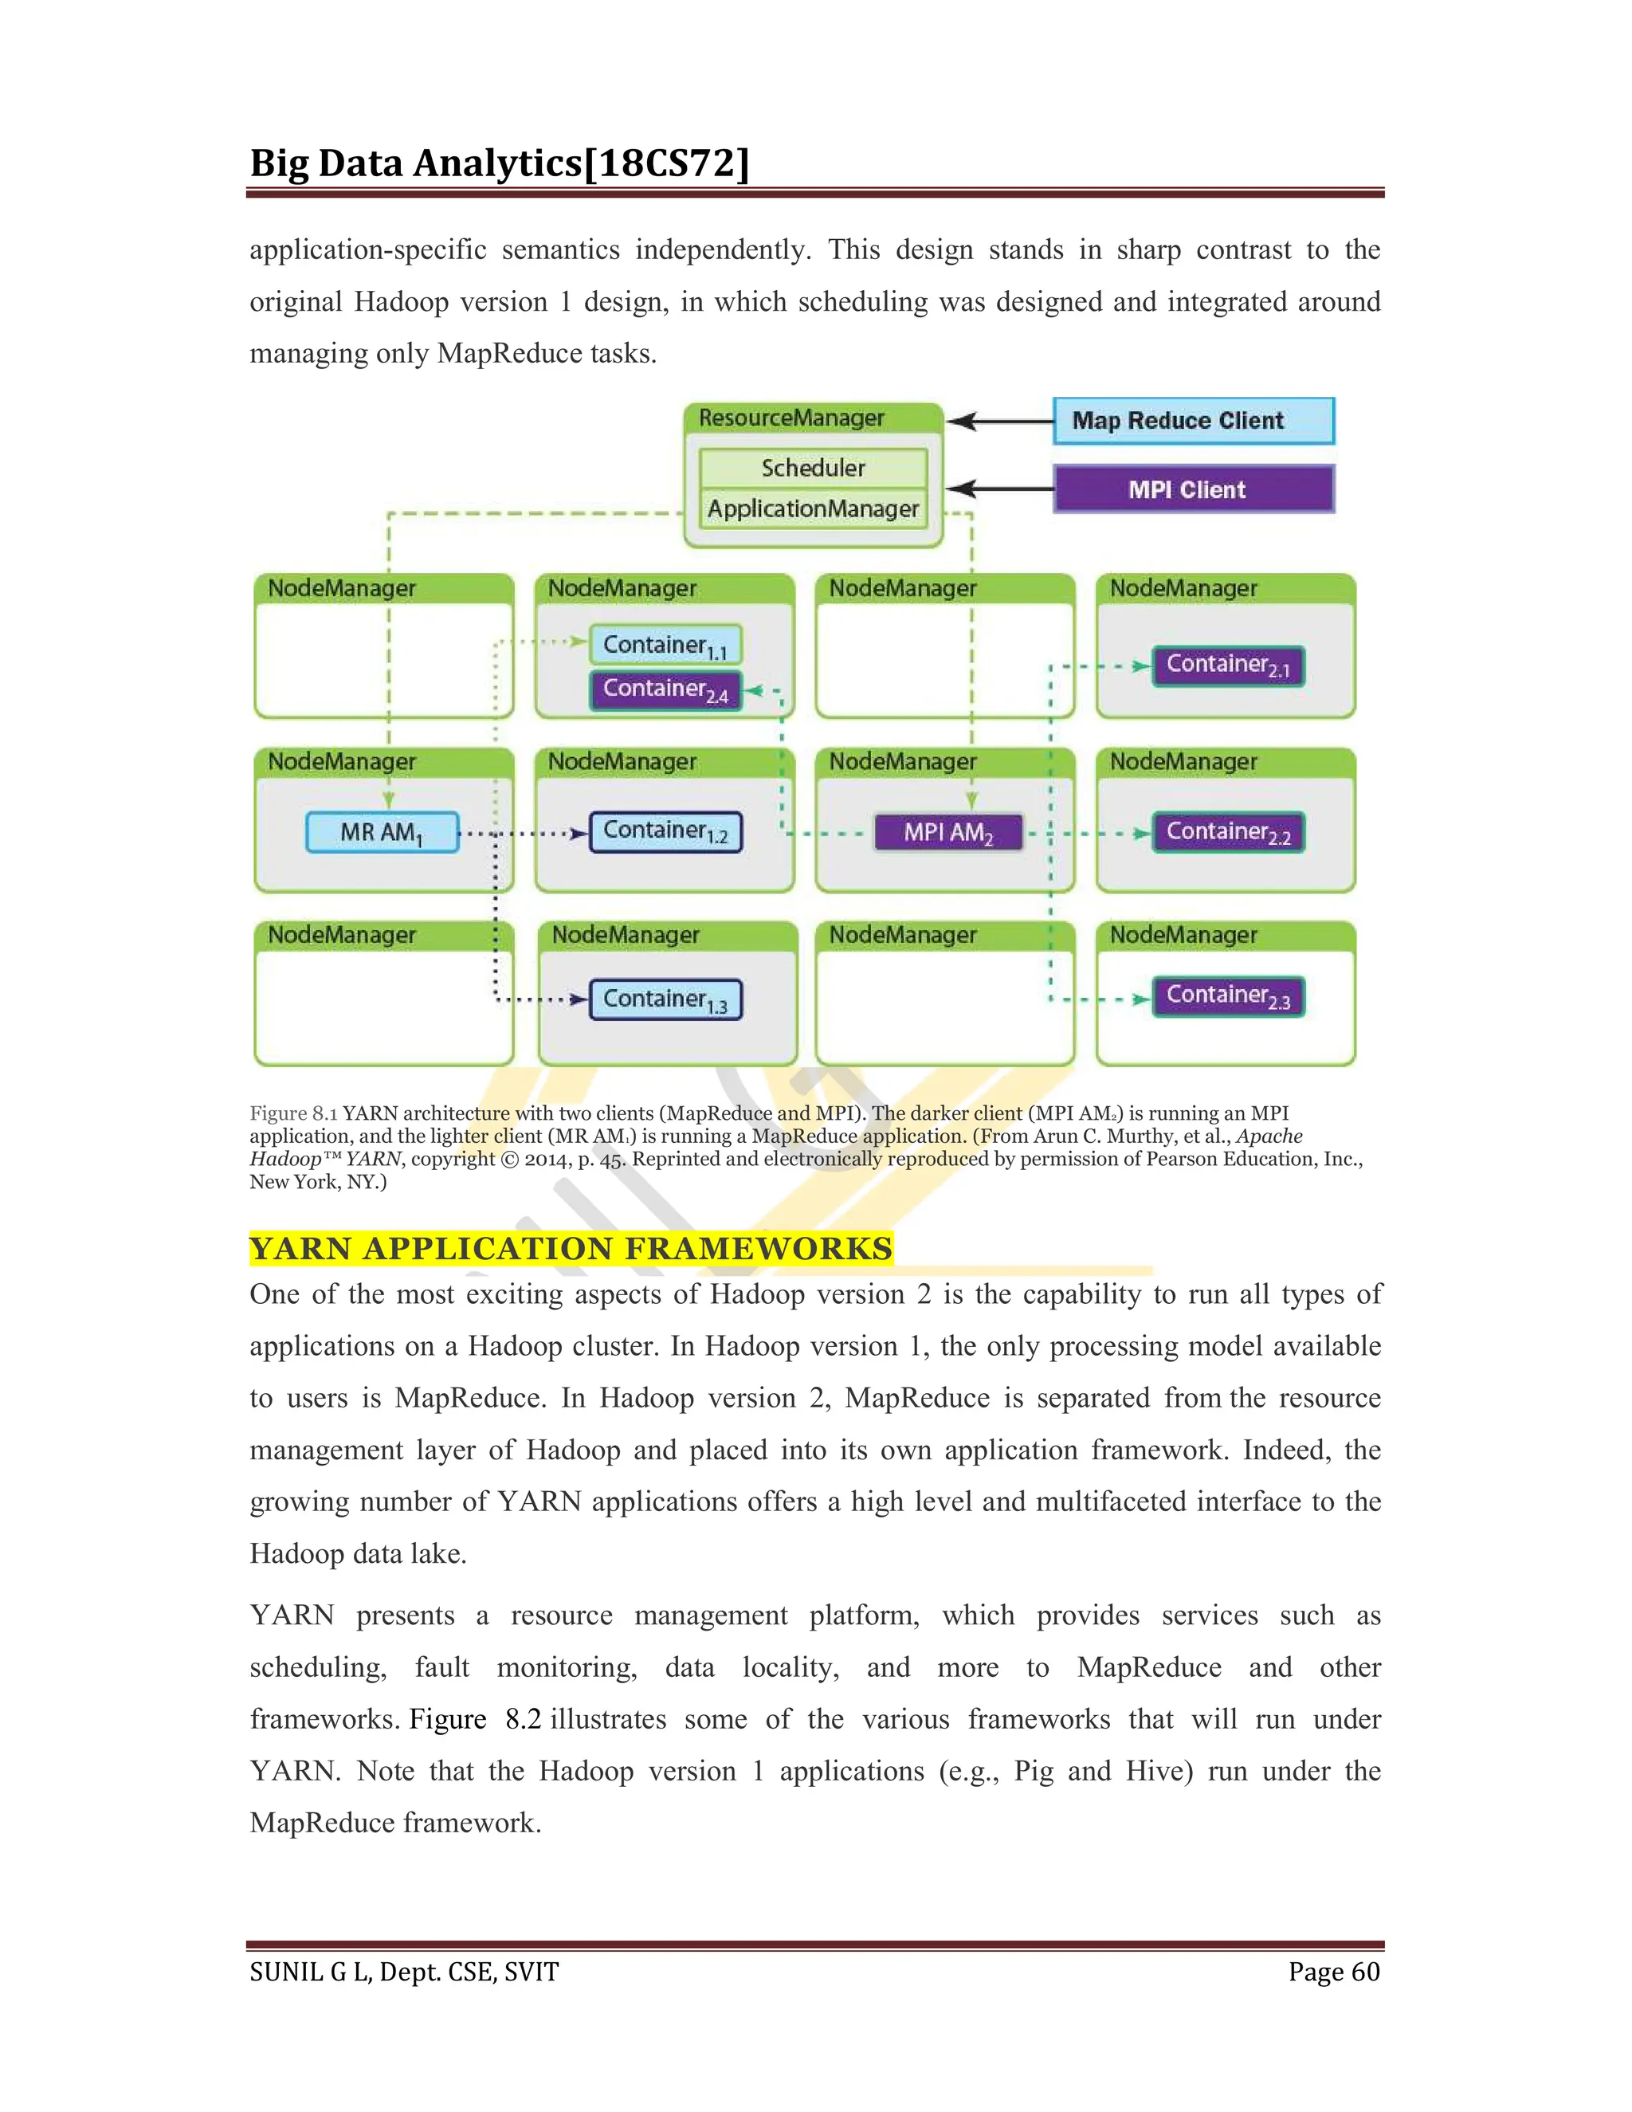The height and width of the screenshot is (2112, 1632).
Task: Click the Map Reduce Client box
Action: (1193, 421)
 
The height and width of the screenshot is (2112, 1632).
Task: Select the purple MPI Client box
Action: (1193, 489)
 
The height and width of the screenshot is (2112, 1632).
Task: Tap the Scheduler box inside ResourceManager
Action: (813, 468)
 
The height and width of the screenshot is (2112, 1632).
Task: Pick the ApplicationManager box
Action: (813, 508)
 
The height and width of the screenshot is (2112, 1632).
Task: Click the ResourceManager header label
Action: (792, 418)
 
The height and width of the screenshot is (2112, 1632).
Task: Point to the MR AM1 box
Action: (382, 833)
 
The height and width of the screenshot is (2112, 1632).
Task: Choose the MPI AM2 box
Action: (947, 833)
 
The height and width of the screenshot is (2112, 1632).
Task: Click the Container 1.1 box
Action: (665, 645)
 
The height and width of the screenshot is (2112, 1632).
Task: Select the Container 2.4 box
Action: (665, 689)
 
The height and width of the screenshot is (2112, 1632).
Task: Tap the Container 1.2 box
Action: (665, 831)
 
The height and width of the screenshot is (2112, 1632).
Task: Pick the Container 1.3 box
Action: (665, 999)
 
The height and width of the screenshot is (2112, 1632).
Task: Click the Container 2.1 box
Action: (1228, 665)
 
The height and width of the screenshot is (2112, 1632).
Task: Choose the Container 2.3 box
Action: (1228, 996)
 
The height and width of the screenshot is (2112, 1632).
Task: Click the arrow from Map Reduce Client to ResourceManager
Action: (1001, 422)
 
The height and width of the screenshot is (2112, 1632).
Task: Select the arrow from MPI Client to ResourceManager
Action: (1001, 489)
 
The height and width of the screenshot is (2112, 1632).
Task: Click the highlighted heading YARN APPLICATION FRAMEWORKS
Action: (571, 1248)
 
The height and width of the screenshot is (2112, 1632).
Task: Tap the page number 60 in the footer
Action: (1365, 1972)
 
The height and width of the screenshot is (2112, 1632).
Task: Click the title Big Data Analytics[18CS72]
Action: (499, 163)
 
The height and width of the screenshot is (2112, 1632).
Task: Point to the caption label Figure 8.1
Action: (293, 1113)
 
